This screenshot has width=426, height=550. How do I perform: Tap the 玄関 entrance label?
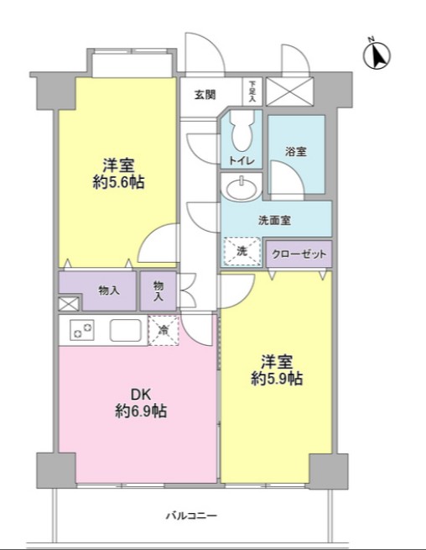click(x=205, y=93)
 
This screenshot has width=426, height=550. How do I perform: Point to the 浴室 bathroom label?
click(x=295, y=152)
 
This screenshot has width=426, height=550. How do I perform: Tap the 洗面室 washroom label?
click(x=274, y=221)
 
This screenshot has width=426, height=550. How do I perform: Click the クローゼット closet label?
click(x=299, y=253)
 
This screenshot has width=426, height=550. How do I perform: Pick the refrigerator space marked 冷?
click(x=163, y=330)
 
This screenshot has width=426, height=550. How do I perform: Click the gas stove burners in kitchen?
click(x=82, y=331)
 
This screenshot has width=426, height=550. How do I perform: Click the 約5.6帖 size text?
click(x=118, y=181)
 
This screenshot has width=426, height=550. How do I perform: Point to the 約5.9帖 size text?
click(x=277, y=379)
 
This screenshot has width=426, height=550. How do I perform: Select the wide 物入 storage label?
click(x=109, y=291)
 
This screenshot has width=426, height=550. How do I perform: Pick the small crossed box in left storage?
click(x=67, y=304)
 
